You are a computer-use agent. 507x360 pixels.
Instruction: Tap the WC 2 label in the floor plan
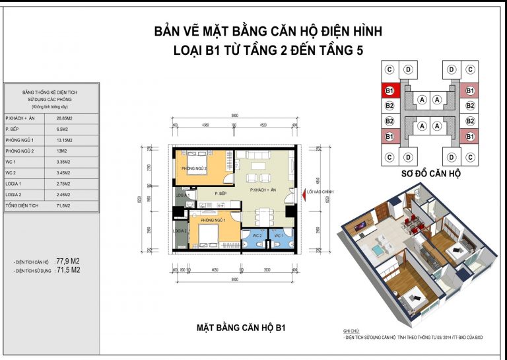[x=257, y=235]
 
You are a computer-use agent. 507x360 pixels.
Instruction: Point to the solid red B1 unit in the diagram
[x=389, y=90]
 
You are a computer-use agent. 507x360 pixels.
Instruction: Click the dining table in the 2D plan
[x=263, y=215]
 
